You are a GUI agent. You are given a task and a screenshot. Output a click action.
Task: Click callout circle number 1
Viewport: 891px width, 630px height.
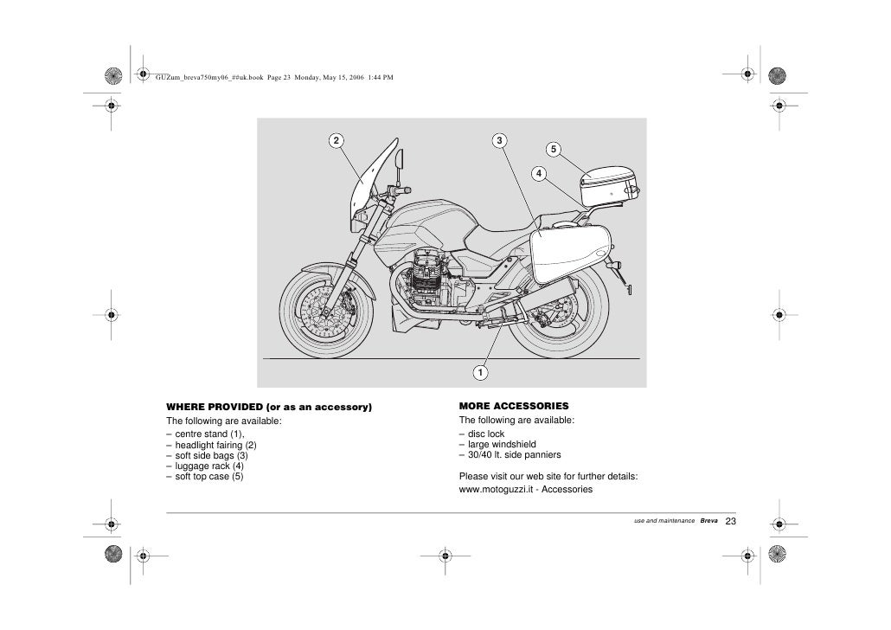click(478, 372)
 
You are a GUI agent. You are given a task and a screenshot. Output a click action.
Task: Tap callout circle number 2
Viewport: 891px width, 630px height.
click(335, 140)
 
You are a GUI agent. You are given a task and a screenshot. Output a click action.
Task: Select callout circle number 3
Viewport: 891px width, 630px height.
click(500, 140)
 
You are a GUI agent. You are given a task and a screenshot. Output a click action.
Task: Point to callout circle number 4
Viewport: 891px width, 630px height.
click(539, 174)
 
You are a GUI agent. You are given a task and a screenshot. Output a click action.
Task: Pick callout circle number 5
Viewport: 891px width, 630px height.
click(554, 148)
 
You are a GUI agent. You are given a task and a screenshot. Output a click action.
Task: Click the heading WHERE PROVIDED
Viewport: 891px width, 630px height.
click(268, 406)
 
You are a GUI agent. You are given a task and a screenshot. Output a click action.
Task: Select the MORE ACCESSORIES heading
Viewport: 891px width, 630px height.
click(514, 405)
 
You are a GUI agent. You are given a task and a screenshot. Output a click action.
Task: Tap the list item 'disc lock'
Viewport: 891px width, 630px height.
click(485, 434)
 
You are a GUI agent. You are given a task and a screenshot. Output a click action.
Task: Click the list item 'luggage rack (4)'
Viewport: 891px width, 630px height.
click(208, 466)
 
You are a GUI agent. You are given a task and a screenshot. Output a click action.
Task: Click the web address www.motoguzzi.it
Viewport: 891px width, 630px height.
click(497, 489)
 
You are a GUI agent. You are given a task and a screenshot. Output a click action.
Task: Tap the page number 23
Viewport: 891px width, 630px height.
click(730, 521)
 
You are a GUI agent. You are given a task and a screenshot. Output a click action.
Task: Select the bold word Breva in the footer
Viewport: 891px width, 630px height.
click(708, 522)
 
